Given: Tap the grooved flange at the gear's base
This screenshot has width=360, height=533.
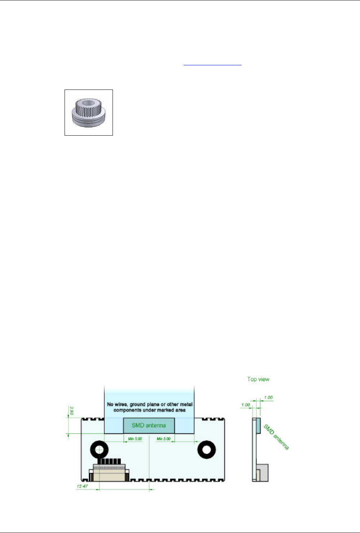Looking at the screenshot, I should (x=89, y=119).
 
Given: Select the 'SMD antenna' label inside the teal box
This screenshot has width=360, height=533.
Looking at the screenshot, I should (x=149, y=425).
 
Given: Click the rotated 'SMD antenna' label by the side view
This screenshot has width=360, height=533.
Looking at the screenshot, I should (x=276, y=437).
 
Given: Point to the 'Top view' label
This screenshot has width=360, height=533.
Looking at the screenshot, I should (x=258, y=379).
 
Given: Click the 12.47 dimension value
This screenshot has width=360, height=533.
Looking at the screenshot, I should (x=82, y=486).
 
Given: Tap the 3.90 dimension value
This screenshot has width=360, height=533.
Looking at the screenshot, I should (x=72, y=411).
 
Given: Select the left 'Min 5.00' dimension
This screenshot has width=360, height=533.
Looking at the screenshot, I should (x=135, y=439).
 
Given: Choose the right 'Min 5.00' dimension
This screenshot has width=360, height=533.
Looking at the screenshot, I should (x=163, y=439).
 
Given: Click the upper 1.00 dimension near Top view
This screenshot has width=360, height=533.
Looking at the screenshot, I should (x=268, y=398).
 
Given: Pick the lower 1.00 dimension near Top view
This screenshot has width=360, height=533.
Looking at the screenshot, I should (x=245, y=405).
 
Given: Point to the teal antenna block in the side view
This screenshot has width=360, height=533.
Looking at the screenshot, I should (x=258, y=426).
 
